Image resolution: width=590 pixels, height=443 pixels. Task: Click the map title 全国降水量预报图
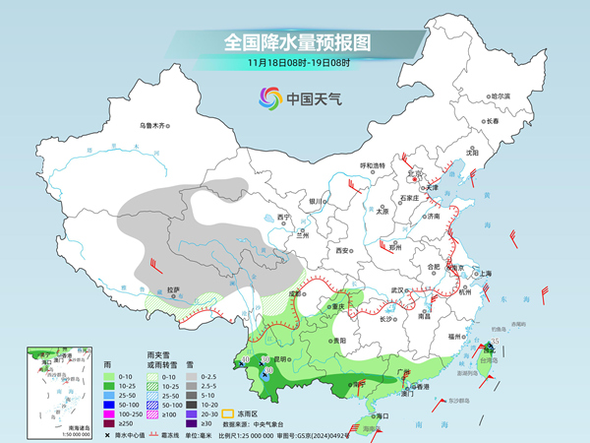coord(294,43)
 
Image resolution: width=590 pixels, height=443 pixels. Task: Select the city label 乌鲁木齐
coord(153,126)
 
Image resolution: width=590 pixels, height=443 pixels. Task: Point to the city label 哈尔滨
coord(501,96)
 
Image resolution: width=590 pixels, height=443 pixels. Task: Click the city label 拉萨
coord(174,289)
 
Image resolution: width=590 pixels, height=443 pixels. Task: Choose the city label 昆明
coord(283,359)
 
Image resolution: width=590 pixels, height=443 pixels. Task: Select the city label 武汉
coord(397,289)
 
